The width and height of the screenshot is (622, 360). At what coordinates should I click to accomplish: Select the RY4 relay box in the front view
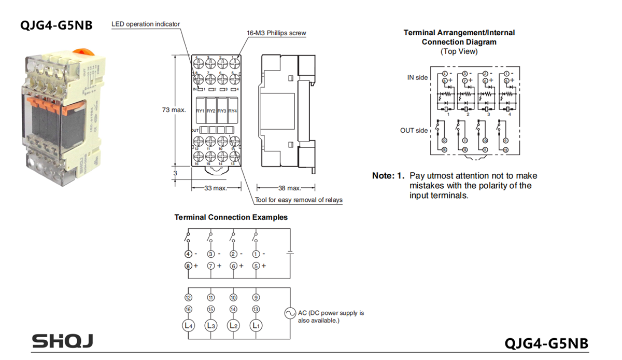pyautogui.click(x=233, y=110)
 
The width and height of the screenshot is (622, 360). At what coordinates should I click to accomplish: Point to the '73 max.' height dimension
pyautogui.click(x=174, y=110)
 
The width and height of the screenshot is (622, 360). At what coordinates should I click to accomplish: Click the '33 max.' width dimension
pyautogui.click(x=216, y=188)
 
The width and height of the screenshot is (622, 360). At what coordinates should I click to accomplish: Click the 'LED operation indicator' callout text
pyautogui.click(x=146, y=24)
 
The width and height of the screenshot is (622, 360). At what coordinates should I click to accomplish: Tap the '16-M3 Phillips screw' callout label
pyautogui.click(x=276, y=33)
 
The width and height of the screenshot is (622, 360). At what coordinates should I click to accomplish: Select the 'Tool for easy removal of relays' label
pyautogui.click(x=299, y=200)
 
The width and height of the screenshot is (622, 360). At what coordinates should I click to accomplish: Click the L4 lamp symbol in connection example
pyautogui.click(x=188, y=326)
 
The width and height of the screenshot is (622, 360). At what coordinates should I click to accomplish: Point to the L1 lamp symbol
pyautogui.click(x=256, y=326)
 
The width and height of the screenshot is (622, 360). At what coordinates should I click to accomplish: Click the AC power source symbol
pyautogui.click(x=290, y=313)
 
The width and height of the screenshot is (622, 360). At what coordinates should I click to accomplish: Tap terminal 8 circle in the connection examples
pyautogui.click(x=188, y=266)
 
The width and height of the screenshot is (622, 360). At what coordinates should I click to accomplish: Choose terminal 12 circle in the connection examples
pyautogui.click(x=188, y=298)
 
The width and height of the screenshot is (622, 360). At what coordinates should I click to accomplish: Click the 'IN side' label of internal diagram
pyautogui.click(x=418, y=78)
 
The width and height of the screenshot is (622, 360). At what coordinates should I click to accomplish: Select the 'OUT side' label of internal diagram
pyautogui.click(x=414, y=131)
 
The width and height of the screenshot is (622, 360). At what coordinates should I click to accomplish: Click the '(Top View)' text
pyautogui.click(x=459, y=51)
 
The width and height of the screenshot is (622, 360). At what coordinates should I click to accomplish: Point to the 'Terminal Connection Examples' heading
pyautogui.click(x=231, y=217)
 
